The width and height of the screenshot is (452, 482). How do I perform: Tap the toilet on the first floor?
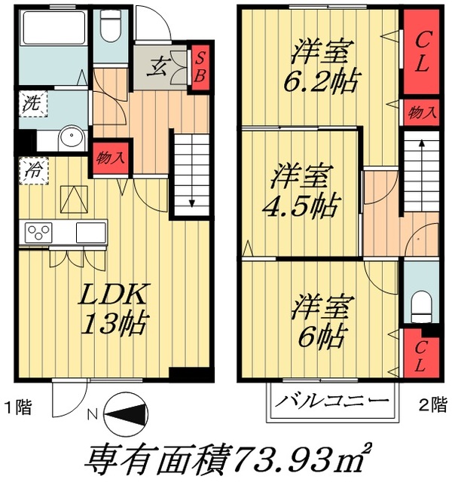click(111, 30)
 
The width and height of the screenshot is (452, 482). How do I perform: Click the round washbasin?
click(72, 139)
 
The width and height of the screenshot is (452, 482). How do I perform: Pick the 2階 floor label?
click(433, 403)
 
